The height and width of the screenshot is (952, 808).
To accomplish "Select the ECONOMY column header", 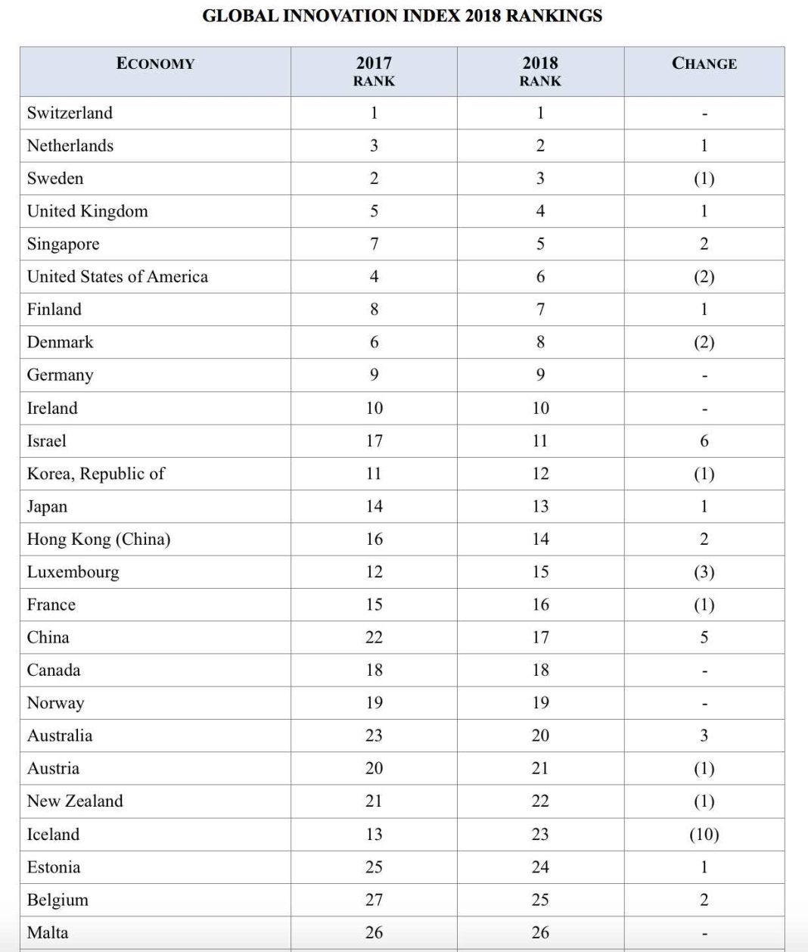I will [x=155, y=64].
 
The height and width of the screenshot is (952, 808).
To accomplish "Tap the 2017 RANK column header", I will [x=374, y=71].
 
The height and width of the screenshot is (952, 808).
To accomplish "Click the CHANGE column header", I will [x=704, y=64].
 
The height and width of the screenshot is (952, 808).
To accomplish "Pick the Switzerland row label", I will [x=70, y=113].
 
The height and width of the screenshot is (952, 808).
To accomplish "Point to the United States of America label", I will [x=117, y=276].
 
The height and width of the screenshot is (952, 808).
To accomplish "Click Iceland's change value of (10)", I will [x=704, y=834].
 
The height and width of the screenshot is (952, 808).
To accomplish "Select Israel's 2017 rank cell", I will [x=374, y=440].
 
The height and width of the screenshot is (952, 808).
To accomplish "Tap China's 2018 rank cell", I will [x=540, y=637].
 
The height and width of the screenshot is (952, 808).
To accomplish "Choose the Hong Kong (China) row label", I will [x=98, y=539].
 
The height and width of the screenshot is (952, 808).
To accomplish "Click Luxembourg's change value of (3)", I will [x=704, y=571].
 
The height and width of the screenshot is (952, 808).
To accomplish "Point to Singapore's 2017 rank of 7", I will [x=374, y=244].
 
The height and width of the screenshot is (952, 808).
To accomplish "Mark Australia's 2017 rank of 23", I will [x=374, y=736].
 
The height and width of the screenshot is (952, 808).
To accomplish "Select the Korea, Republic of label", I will [x=95, y=474].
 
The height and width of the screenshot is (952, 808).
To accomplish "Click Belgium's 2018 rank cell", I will [x=540, y=900].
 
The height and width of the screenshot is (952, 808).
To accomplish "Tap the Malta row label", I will [x=47, y=932].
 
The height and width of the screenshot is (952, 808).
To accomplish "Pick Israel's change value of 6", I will [x=704, y=440].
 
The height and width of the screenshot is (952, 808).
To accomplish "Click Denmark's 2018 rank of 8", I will [x=540, y=342].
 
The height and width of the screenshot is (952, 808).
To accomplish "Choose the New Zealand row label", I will [x=75, y=801].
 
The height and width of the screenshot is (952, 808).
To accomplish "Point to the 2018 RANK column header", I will [x=540, y=71].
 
